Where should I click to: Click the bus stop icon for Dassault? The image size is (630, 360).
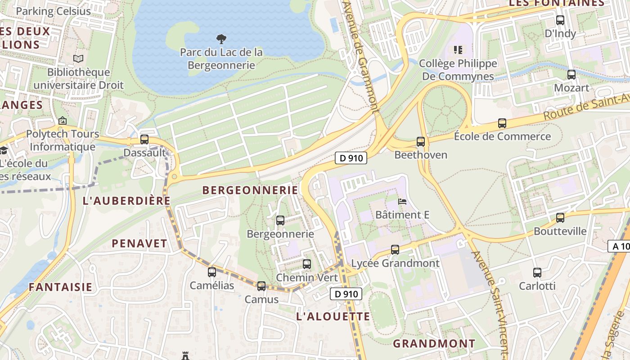(144, 139)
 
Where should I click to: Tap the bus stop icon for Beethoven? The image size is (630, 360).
(421, 142)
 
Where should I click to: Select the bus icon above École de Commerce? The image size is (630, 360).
(502, 123)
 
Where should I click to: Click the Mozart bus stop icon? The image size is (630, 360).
(571, 75)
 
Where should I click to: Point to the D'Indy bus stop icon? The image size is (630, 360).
(560, 20)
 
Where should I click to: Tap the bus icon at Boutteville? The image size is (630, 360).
(560, 218)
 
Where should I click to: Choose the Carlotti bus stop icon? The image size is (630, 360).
(537, 272)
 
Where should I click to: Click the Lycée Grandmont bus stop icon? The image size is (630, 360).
(395, 249)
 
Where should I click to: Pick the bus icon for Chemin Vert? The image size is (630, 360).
(307, 264)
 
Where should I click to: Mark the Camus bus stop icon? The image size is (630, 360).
(261, 286)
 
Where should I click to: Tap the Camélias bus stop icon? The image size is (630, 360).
(212, 272)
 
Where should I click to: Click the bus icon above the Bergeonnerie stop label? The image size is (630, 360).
(280, 220)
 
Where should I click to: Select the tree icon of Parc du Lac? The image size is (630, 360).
(221, 39)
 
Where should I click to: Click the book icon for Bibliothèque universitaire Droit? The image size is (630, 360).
(78, 58)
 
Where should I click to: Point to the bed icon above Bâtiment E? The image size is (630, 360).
(402, 202)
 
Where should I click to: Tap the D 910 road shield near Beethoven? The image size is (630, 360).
(351, 158)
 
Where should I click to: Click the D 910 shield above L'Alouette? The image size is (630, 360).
(346, 294)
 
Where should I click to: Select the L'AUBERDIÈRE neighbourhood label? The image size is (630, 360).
(127, 201)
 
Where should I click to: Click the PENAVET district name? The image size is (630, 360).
(139, 243)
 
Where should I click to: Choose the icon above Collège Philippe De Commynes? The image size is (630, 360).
(458, 49)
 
